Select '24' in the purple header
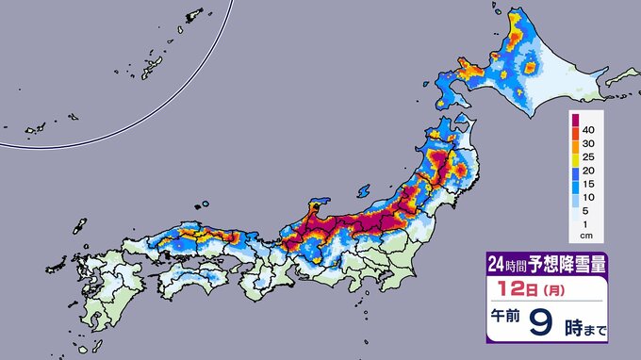[496, 265]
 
